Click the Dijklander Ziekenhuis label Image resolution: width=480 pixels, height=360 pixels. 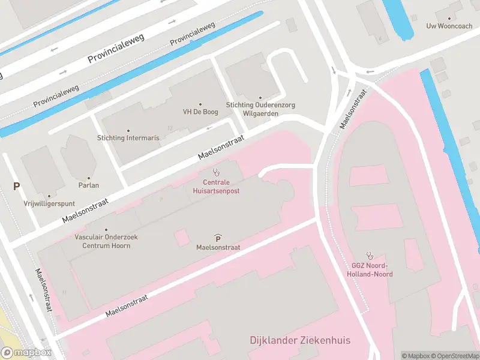click(300, 341)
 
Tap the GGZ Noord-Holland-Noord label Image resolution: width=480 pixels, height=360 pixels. click(370, 270)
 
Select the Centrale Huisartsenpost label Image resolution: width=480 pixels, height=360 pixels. click(217, 186)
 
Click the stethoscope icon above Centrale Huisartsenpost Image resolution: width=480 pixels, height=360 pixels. click(217, 172)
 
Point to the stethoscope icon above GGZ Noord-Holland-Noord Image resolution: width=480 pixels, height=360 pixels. click(370, 255)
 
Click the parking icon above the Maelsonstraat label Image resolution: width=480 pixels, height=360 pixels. click(218, 238)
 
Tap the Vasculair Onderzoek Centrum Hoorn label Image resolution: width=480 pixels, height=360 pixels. click(106, 241)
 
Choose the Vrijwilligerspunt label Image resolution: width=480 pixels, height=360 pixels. click(49, 203)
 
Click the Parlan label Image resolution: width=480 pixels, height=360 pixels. click(88, 186)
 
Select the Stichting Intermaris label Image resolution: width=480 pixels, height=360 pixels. click(128, 138)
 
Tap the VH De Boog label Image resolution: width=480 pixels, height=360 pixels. click(200, 112)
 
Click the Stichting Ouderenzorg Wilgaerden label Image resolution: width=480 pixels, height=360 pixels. click(260, 109)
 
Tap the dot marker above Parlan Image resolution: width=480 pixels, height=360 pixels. click(89, 178)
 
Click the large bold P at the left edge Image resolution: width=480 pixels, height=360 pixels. click(17, 187)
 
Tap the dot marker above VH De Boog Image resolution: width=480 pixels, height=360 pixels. click(200, 104)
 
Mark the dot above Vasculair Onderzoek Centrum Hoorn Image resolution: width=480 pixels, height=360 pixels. click(106, 230)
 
